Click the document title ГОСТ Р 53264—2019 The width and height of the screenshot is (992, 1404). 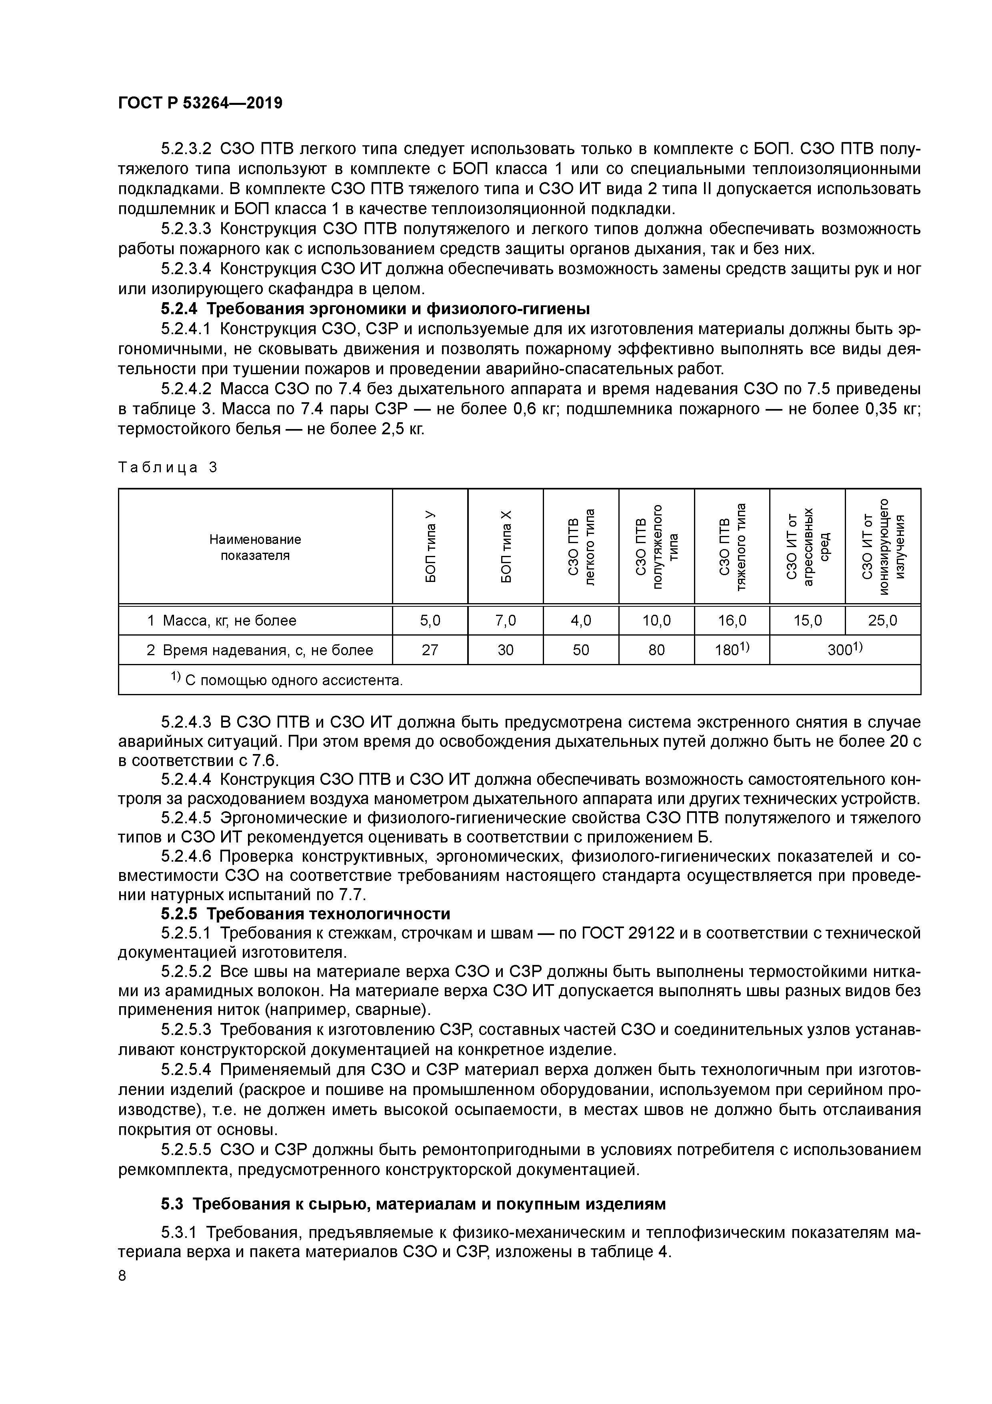tap(200, 103)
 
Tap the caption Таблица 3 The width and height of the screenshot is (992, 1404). tap(168, 468)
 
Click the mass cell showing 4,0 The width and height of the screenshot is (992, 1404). tap(581, 621)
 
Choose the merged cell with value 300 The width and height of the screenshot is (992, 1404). tap(845, 650)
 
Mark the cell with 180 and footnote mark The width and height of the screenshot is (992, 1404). tap(732, 650)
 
